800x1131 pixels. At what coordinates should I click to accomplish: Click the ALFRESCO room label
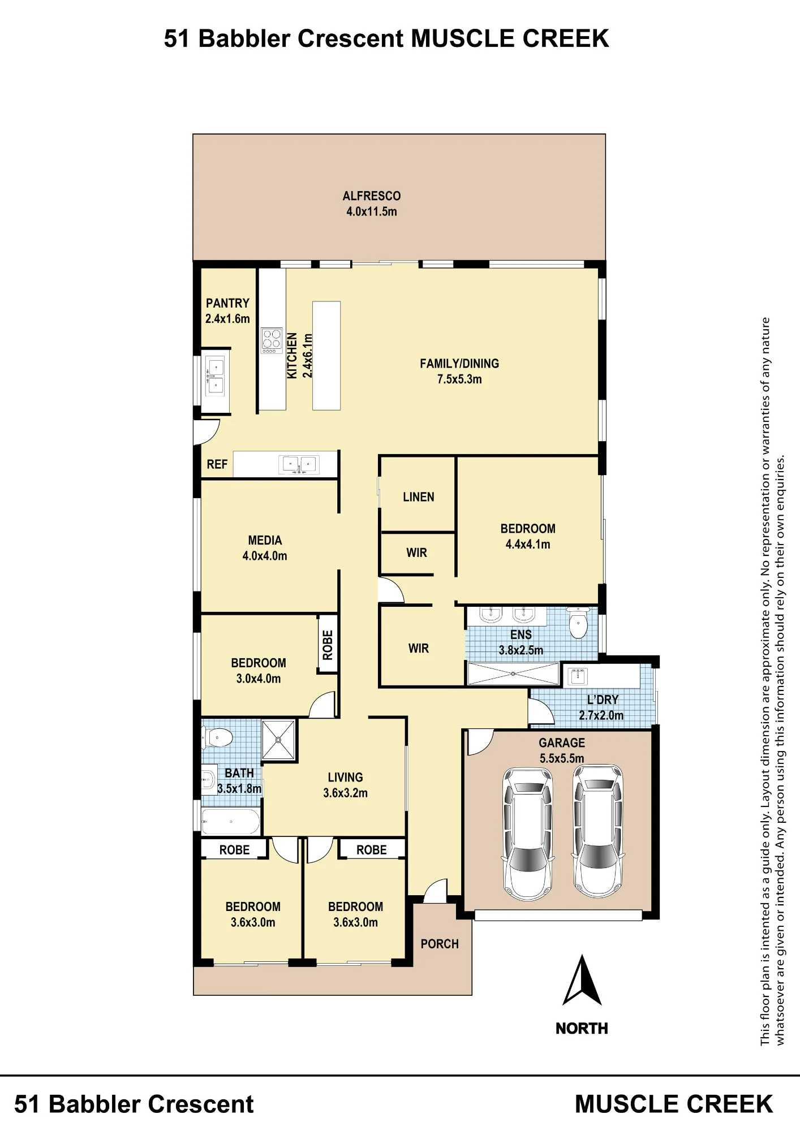point(372,196)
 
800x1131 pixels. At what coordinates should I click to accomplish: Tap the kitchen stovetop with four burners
point(272,341)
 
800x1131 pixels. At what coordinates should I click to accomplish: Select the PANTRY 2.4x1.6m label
point(227,311)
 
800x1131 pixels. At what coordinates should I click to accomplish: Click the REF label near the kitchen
point(217,464)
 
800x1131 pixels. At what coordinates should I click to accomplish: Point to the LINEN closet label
point(419,497)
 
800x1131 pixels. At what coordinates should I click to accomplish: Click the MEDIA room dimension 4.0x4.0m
point(265,556)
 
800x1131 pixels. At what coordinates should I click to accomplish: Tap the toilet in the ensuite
point(578,623)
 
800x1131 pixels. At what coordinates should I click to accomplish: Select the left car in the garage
point(528,834)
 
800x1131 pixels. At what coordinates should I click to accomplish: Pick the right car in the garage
point(597,831)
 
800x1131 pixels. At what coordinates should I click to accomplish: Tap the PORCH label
point(440,944)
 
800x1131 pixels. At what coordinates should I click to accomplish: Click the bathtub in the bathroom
point(231,822)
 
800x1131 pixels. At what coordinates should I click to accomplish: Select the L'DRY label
point(603,700)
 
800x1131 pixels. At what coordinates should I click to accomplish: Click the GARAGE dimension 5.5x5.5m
point(562,758)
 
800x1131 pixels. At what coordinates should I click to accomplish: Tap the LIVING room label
point(345,778)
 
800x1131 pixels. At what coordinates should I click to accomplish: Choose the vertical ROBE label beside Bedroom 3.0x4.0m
point(328,645)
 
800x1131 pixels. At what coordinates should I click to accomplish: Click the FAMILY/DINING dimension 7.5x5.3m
point(459,379)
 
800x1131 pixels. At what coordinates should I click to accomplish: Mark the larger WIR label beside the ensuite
point(419,649)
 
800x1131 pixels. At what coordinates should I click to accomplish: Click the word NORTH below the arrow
point(582,1029)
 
